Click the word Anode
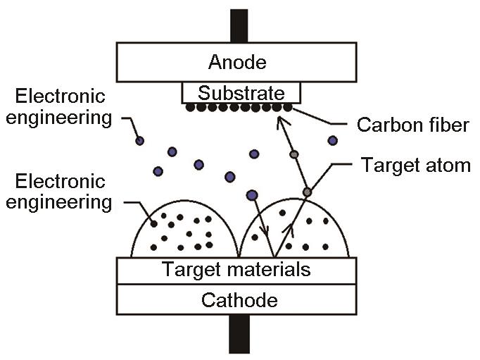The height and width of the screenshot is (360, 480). (237, 62)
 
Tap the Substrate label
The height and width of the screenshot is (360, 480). (241, 93)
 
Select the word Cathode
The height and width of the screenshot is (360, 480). (239, 300)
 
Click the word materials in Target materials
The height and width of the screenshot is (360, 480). (269, 269)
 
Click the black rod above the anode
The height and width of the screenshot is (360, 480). (239, 26)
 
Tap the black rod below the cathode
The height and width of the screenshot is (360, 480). (239, 334)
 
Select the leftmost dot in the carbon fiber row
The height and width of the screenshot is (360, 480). (191, 108)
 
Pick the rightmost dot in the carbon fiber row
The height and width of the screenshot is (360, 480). (288, 108)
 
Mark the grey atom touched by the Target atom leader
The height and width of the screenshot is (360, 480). (308, 192)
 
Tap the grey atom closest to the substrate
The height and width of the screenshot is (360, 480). (294, 154)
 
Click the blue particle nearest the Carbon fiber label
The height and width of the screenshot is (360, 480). (333, 141)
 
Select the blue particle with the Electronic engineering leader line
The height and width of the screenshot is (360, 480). (139, 141)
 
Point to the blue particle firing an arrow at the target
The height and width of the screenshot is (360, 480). (252, 195)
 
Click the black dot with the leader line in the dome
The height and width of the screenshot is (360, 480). (154, 224)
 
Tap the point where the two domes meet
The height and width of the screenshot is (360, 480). (239, 256)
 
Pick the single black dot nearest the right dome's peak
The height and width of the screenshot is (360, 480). (282, 213)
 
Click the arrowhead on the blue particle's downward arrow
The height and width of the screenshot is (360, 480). (265, 232)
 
